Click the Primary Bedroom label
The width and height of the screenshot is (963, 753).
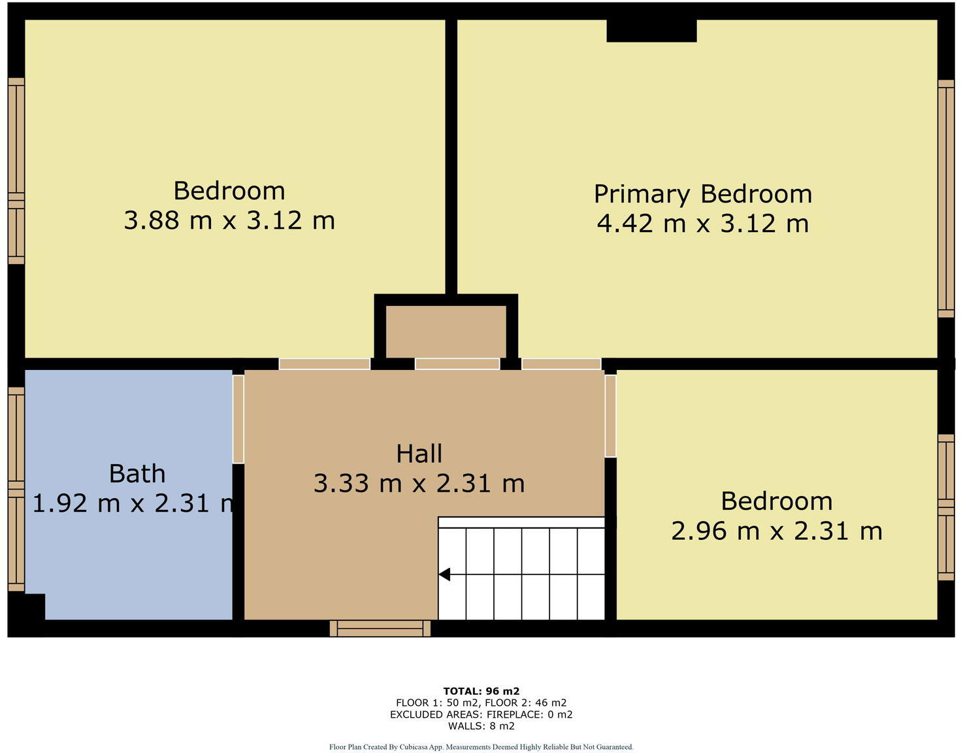click(x=702, y=194)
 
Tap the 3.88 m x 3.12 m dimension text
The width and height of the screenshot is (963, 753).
click(x=229, y=220)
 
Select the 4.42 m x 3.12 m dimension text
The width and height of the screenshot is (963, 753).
click(x=702, y=224)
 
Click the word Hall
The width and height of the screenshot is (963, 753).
click(x=419, y=454)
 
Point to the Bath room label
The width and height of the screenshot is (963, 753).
click(x=137, y=474)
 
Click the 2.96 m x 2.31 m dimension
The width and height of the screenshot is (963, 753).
click(x=776, y=531)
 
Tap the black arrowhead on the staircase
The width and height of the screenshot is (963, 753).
click(x=445, y=575)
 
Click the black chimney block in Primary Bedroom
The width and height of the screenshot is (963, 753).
click(x=651, y=31)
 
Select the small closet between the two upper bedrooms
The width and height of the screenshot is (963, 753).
click(x=446, y=331)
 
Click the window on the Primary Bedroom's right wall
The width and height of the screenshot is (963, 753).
click(x=945, y=199)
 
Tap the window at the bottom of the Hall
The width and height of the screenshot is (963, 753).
click(x=380, y=628)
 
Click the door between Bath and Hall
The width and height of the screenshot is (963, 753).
click(x=238, y=419)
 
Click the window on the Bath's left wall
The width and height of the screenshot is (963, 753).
click(x=16, y=489)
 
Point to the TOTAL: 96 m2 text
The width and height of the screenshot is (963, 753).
click(x=481, y=691)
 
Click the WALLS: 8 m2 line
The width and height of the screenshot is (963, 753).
click(x=481, y=726)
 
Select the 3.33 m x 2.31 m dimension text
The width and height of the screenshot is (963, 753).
click(x=419, y=484)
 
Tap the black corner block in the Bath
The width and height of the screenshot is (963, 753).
click(x=27, y=606)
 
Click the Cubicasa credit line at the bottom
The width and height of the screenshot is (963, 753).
click(x=481, y=746)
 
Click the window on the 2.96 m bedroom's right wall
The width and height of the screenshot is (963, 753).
click(x=945, y=507)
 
